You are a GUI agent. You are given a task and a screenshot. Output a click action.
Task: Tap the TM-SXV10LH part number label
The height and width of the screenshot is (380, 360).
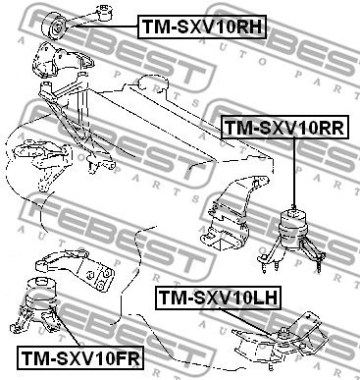pos(215,295)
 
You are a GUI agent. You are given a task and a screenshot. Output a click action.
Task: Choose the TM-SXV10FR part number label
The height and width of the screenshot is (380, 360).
pos(71,360)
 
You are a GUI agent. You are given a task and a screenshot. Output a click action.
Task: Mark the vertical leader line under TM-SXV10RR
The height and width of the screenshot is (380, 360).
pos(291,172)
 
